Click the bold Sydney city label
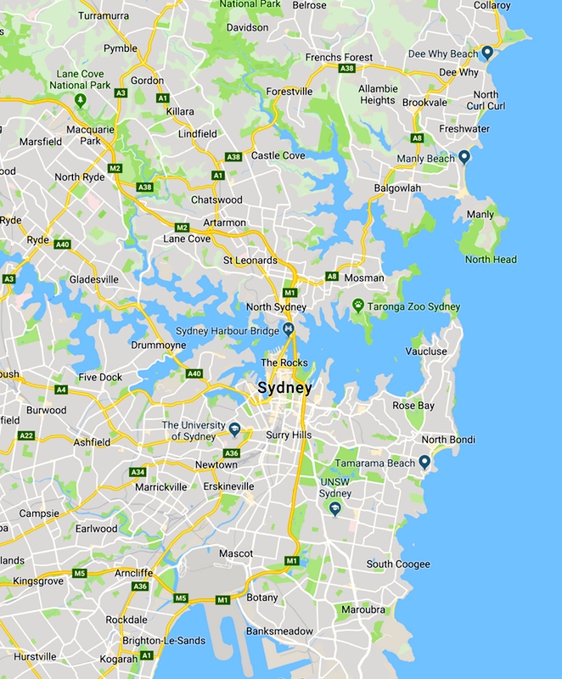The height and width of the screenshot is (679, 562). click(x=285, y=389)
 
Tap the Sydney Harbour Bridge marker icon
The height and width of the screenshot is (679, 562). click(x=289, y=329)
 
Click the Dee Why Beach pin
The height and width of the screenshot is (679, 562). click(x=487, y=53)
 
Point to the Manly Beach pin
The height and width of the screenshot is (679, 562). click(x=464, y=157)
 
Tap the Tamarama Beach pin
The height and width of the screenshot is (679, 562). click(x=424, y=462)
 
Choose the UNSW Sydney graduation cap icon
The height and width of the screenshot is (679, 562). click(x=334, y=508)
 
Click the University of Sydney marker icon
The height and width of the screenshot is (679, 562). click(x=234, y=428)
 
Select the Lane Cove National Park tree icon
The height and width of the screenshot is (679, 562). click(x=80, y=100)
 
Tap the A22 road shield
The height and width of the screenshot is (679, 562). click(x=26, y=435)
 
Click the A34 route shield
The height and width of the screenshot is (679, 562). click(x=137, y=472)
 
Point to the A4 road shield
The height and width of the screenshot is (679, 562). click(x=61, y=390)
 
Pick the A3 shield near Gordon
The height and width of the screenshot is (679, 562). click(x=121, y=93)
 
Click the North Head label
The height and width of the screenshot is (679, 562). click(x=491, y=259)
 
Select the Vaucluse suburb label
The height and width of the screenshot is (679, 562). click(x=425, y=351)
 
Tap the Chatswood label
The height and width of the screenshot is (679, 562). click(x=216, y=200)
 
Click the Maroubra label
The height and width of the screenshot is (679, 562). click(x=363, y=609)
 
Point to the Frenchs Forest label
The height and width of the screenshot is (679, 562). click(x=339, y=58)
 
